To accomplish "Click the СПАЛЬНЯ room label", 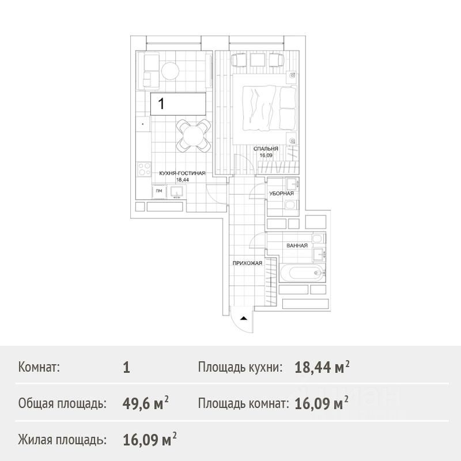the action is (266, 149).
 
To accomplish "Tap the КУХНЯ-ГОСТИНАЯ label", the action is (182, 173).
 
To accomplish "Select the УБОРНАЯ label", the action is (282, 194).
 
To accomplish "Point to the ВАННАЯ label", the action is (297, 245).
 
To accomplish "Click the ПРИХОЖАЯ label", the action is (247, 263).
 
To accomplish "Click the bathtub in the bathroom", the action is (302, 273).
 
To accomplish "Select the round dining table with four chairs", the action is (194, 135).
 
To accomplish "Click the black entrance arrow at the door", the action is (243, 318).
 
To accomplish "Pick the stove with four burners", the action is (145, 169).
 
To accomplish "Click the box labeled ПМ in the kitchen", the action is (159, 191).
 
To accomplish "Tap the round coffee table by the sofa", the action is (170, 71).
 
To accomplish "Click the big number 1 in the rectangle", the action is (161, 104).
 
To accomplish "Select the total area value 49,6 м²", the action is (146, 402).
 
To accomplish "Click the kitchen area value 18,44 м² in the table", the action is (322, 366).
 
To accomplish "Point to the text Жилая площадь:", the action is (62, 440).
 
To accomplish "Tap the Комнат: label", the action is (39, 367).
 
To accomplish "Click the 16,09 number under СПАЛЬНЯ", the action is (266, 156).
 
